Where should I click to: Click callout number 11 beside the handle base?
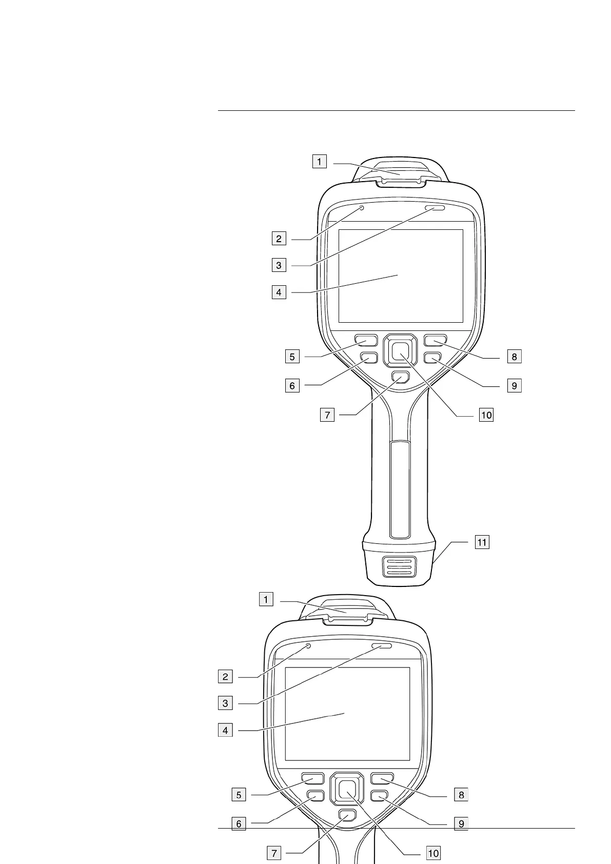[482, 542]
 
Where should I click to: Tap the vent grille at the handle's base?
[399, 568]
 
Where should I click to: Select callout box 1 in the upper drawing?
[319, 162]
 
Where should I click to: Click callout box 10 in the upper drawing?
[485, 415]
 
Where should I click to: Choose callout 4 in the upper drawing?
[279, 292]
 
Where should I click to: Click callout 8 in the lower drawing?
[461, 809]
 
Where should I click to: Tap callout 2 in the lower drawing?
[225, 677]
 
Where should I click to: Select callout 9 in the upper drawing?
[514, 385]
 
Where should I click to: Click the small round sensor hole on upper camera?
[362, 208]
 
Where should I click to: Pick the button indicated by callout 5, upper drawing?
[366, 340]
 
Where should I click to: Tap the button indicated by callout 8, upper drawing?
[436, 340]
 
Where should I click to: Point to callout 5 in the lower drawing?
[239, 809]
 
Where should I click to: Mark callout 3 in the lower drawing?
[225, 703]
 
